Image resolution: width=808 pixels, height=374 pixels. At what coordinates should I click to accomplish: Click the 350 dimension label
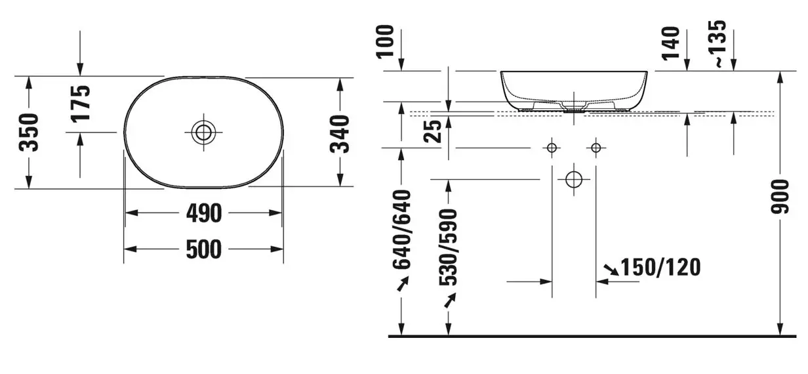[x=30, y=132]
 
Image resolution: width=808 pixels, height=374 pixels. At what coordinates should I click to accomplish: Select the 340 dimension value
[x=340, y=133]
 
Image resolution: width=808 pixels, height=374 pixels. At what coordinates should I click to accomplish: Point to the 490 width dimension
[x=203, y=213]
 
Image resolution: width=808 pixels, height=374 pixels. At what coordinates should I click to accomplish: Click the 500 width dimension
[x=203, y=249]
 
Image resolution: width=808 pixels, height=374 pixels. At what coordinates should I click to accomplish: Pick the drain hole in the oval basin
[x=204, y=132]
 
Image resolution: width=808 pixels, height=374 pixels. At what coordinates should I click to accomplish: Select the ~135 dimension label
[x=719, y=44]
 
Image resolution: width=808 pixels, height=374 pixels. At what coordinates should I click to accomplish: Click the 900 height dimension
[x=780, y=196]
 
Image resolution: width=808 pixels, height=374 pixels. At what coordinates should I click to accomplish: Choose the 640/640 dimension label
[x=401, y=230]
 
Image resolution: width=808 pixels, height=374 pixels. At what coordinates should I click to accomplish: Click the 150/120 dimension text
[x=660, y=267]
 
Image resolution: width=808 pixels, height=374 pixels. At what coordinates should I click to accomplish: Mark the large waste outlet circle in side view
[x=574, y=178]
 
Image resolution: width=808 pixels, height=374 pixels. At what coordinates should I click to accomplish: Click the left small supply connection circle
[x=552, y=148]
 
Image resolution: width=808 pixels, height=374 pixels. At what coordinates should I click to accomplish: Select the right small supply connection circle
[x=596, y=148]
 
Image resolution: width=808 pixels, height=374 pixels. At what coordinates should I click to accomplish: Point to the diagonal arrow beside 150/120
[x=611, y=268]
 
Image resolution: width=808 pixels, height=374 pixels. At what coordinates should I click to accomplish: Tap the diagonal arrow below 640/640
[x=402, y=283]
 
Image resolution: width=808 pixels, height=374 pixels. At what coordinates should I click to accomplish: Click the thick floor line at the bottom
[x=590, y=336]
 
